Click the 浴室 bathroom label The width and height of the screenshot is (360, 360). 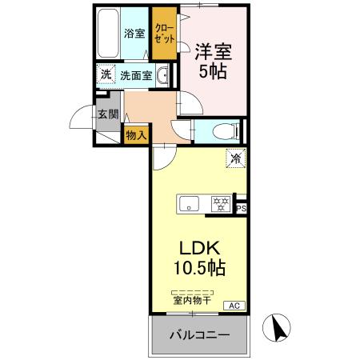(x=134, y=34)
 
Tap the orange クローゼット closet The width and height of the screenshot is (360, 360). (x=165, y=33)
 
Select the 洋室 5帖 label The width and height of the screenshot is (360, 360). (x=213, y=60)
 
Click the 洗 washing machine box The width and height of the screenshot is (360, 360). (x=106, y=75)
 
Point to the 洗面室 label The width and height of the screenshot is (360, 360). (x=136, y=76)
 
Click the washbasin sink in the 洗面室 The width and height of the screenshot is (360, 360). (x=163, y=77)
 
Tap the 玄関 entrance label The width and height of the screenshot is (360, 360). (x=108, y=114)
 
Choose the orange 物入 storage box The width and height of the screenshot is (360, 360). (x=136, y=135)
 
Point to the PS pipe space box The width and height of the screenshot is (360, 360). (x=241, y=208)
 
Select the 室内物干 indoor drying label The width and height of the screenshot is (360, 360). (x=192, y=300)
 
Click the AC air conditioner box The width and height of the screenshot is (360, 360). (x=236, y=306)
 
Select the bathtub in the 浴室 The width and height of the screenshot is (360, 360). (x=108, y=33)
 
